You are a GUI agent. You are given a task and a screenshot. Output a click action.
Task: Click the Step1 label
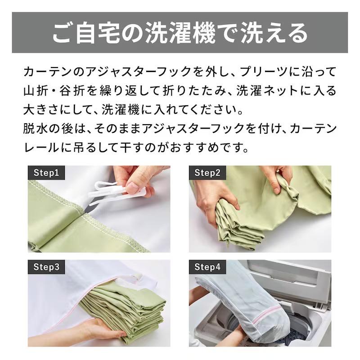46,173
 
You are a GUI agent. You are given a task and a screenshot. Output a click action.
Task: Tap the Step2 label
207,173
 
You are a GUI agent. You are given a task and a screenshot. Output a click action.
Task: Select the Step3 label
46,267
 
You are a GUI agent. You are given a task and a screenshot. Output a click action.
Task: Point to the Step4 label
207,267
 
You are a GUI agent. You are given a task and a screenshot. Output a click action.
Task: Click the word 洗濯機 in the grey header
180,32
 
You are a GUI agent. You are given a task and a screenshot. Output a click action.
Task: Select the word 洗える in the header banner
274,32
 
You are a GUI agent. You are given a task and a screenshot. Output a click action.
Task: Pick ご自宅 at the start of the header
85,32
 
